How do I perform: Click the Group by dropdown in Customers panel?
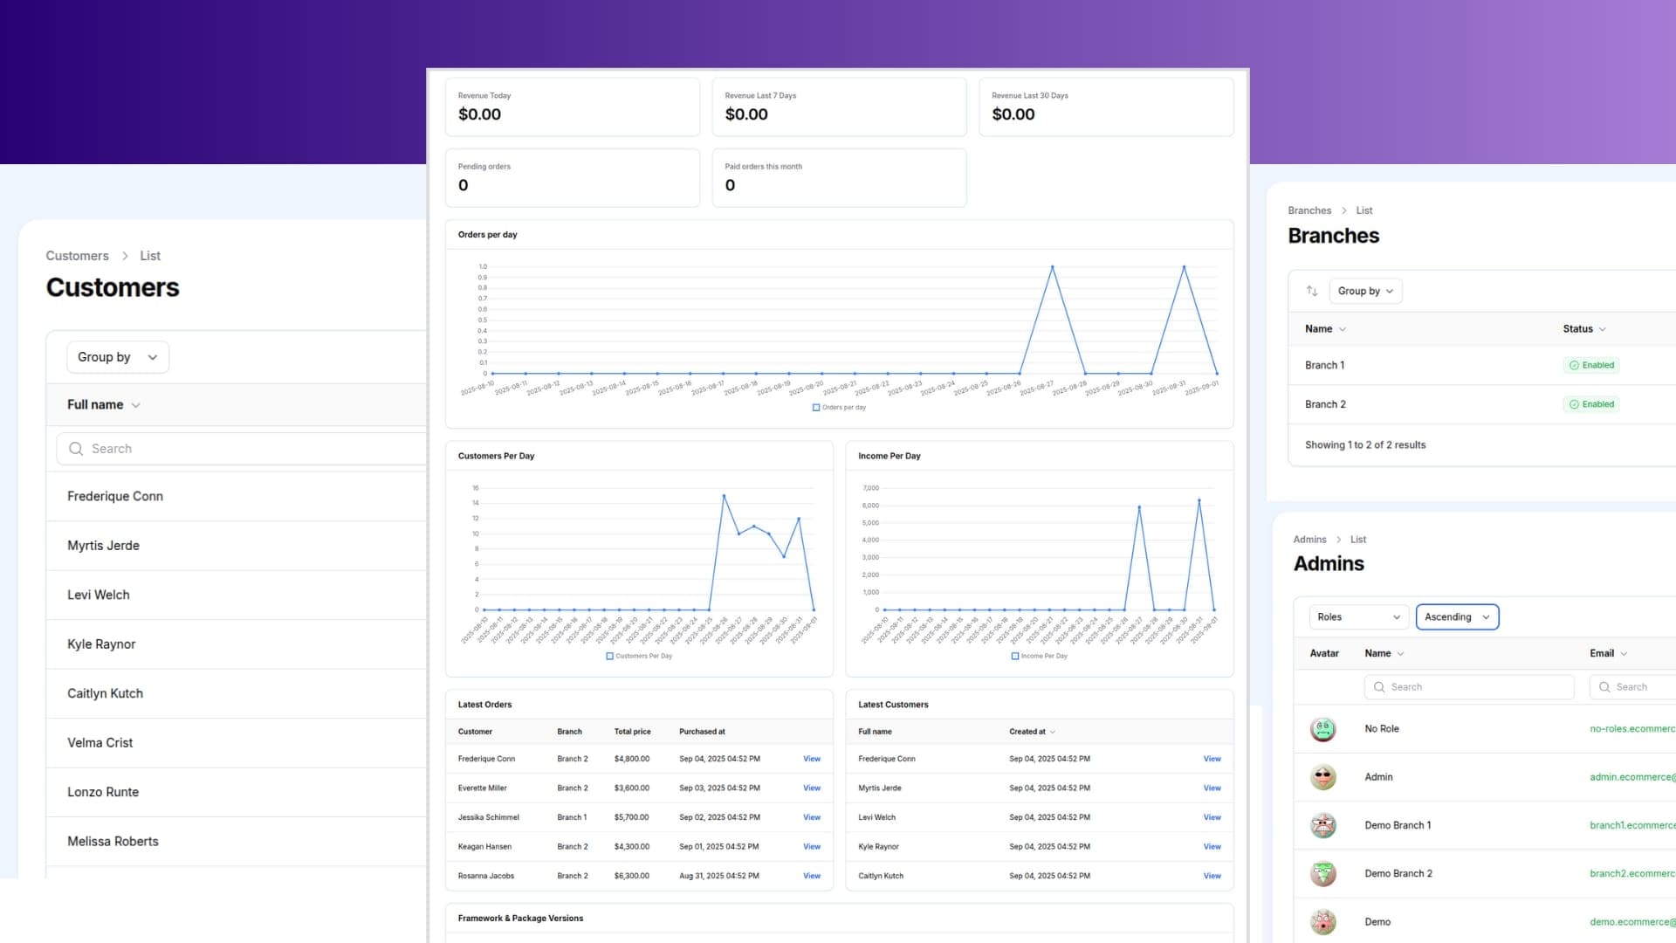click(x=117, y=357)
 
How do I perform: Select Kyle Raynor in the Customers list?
click(x=101, y=644)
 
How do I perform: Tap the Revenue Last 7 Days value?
click(x=746, y=114)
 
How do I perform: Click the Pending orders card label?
click(x=484, y=167)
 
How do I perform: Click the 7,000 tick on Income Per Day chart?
click(x=870, y=488)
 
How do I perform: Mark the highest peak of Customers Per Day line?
click(x=724, y=496)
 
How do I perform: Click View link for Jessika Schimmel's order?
click(x=812, y=817)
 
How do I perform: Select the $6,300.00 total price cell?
click(x=631, y=876)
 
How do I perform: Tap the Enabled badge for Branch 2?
click(x=1591, y=404)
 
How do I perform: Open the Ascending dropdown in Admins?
click(x=1457, y=617)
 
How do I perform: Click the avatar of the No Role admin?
click(x=1323, y=729)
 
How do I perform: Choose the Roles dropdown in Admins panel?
click(x=1359, y=617)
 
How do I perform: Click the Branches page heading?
click(x=1333, y=236)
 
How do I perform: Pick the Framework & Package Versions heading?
click(x=520, y=919)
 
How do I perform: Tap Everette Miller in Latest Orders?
click(x=482, y=788)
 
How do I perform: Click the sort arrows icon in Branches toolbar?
click(x=1311, y=291)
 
